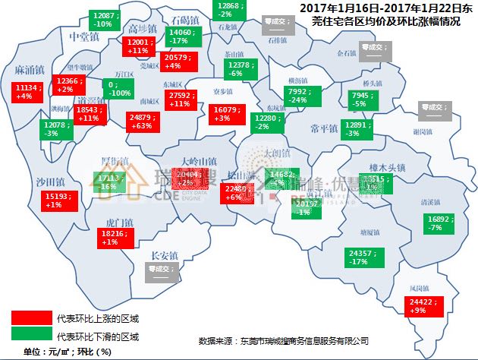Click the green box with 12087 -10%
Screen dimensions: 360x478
[x=105, y=21]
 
